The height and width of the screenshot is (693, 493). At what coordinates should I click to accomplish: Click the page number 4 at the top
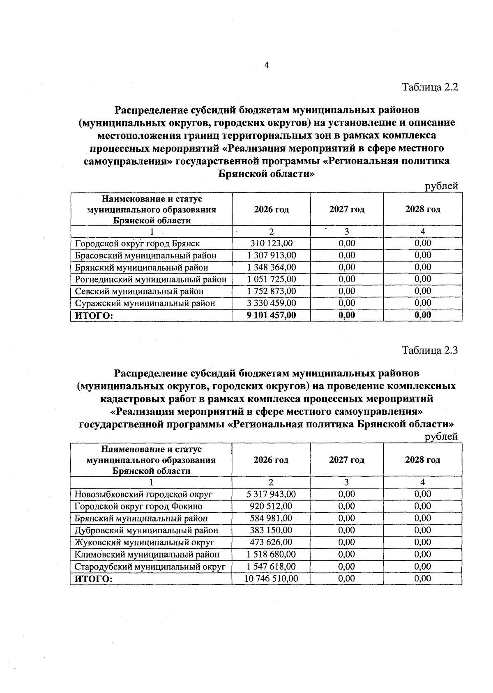coord(267,65)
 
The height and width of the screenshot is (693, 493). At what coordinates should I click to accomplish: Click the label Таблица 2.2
coord(430,87)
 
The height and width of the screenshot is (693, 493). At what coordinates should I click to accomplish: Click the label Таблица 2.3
coord(430,351)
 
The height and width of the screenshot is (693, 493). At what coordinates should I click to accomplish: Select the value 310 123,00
coord(272,243)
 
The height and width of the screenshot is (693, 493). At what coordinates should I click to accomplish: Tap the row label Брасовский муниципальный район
coord(145,255)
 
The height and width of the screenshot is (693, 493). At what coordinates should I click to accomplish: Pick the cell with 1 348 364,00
coord(272,267)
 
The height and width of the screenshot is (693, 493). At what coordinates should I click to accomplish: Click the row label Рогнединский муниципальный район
coord(151,279)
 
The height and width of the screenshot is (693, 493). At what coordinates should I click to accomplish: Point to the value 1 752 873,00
coord(272,291)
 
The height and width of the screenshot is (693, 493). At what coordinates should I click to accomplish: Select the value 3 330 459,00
coord(272,303)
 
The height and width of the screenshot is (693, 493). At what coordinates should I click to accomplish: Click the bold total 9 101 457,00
coord(272,315)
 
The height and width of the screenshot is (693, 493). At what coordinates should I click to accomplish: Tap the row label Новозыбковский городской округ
coord(143,494)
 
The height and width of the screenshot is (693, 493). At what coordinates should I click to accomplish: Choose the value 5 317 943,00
coord(271,494)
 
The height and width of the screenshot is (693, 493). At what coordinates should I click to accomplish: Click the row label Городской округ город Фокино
coord(138,507)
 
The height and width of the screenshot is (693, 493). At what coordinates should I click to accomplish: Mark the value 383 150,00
coord(271,530)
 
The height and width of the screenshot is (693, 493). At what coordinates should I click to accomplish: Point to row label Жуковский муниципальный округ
coord(144,542)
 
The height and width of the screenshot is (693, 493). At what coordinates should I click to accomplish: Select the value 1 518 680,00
coord(271,554)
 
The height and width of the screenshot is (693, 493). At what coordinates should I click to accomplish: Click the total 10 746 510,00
coord(271,578)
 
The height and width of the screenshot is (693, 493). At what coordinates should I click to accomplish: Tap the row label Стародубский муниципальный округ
coord(150,567)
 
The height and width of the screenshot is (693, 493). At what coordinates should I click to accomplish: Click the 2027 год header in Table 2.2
coord(347,209)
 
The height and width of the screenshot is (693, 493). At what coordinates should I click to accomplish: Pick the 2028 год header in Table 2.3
coord(422,460)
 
